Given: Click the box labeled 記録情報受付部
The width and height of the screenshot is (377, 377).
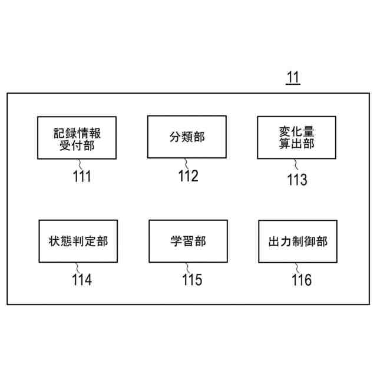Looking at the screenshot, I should [x=77, y=137].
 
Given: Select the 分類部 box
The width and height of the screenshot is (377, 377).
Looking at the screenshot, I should [x=187, y=137].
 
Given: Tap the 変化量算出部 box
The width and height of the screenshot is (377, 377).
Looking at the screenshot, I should [x=296, y=137].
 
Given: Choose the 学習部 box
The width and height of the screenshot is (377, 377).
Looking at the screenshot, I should [x=188, y=241].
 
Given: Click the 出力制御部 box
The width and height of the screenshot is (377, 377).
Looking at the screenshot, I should [x=297, y=241].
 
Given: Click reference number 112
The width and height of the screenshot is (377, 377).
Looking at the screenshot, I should [x=188, y=176].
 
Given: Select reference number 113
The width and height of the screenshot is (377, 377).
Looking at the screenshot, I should [x=297, y=179].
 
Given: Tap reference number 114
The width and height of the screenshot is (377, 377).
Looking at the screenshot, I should [x=82, y=279].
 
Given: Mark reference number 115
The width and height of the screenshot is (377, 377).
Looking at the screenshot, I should [x=191, y=279].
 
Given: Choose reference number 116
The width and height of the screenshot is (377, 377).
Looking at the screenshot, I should [x=301, y=279].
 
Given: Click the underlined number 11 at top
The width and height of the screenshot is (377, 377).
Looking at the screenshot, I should [x=293, y=77].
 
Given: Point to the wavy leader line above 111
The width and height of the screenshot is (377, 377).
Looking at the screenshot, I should [x=77, y=163].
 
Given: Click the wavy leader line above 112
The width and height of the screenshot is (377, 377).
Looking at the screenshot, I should [x=187, y=163].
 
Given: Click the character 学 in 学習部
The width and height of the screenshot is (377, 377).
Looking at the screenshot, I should [x=176, y=241].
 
